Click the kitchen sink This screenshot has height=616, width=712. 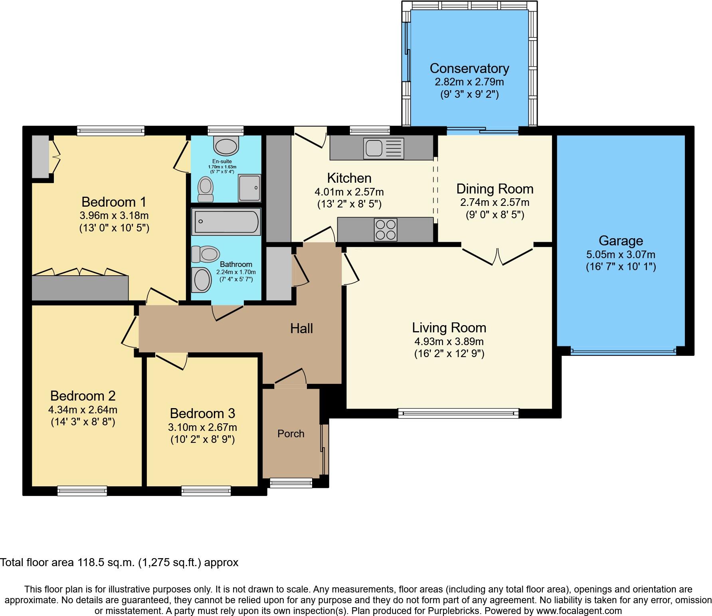click(383, 148)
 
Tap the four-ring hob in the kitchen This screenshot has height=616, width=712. click(386, 230)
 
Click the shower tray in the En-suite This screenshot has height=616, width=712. click(249, 188)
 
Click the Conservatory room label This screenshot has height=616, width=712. click(469, 68)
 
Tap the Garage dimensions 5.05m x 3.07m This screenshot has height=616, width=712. click(621, 255)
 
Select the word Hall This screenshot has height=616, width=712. click(301, 329)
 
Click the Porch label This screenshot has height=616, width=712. click(291, 434)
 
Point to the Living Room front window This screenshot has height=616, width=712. click(458, 413)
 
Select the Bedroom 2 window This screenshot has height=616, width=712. click(82, 491)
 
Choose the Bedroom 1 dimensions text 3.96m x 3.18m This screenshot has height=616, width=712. click(114, 216)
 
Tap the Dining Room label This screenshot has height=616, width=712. click(495, 189)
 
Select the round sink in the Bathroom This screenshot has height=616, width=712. click(202, 279)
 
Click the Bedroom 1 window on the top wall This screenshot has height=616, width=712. click(111, 130)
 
